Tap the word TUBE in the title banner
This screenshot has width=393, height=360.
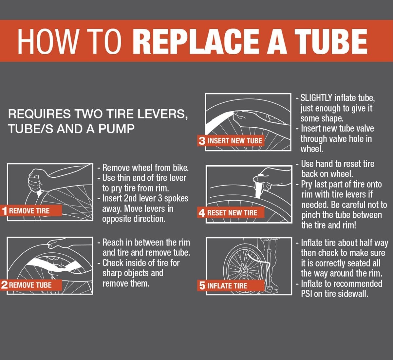point(331,41)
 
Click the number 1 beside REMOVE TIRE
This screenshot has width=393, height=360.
point(5,211)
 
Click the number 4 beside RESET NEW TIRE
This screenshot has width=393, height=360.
point(202,213)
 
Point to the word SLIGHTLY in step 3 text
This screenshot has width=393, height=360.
point(316,98)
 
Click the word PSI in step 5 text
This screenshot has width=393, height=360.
point(307,294)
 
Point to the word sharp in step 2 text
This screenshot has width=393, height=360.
point(112,273)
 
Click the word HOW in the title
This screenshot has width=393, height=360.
point(48,41)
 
